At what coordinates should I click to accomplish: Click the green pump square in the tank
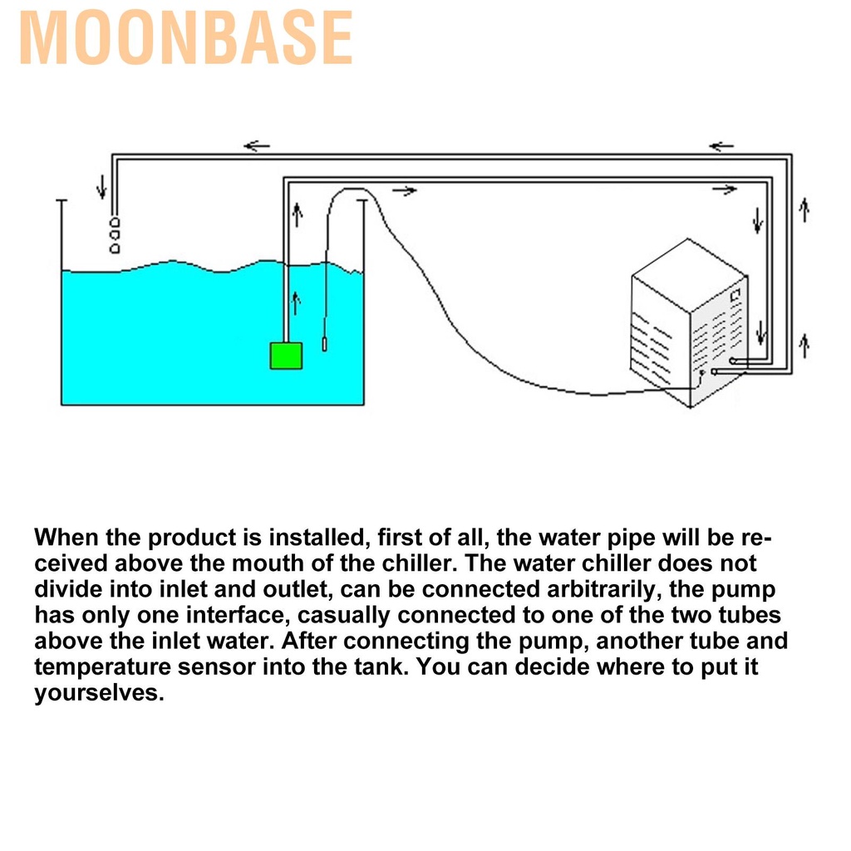pyautogui.click(x=286, y=356)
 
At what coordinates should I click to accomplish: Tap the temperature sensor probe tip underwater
pyautogui.click(x=325, y=343)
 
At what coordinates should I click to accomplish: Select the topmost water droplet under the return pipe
pyautogui.click(x=115, y=223)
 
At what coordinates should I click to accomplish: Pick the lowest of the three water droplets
pyautogui.click(x=115, y=248)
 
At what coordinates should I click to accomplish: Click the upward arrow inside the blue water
pyautogui.click(x=296, y=303)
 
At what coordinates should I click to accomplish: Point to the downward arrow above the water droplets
pyautogui.click(x=101, y=187)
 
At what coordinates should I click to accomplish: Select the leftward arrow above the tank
pyautogui.click(x=257, y=145)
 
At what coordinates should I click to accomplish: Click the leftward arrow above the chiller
pyautogui.click(x=721, y=146)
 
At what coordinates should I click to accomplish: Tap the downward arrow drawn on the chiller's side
pyautogui.click(x=761, y=332)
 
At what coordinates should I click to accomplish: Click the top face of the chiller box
pyautogui.click(x=689, y=275)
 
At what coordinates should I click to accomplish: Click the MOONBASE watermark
pyautogui.click(x=185, y=38)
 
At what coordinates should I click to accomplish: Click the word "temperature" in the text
pyautogui.click(x=102, y=667)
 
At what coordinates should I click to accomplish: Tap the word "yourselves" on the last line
pyautogui.click(x=96, y=692)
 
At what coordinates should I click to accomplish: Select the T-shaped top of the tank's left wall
pyautogui.click(x=61, y=201)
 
